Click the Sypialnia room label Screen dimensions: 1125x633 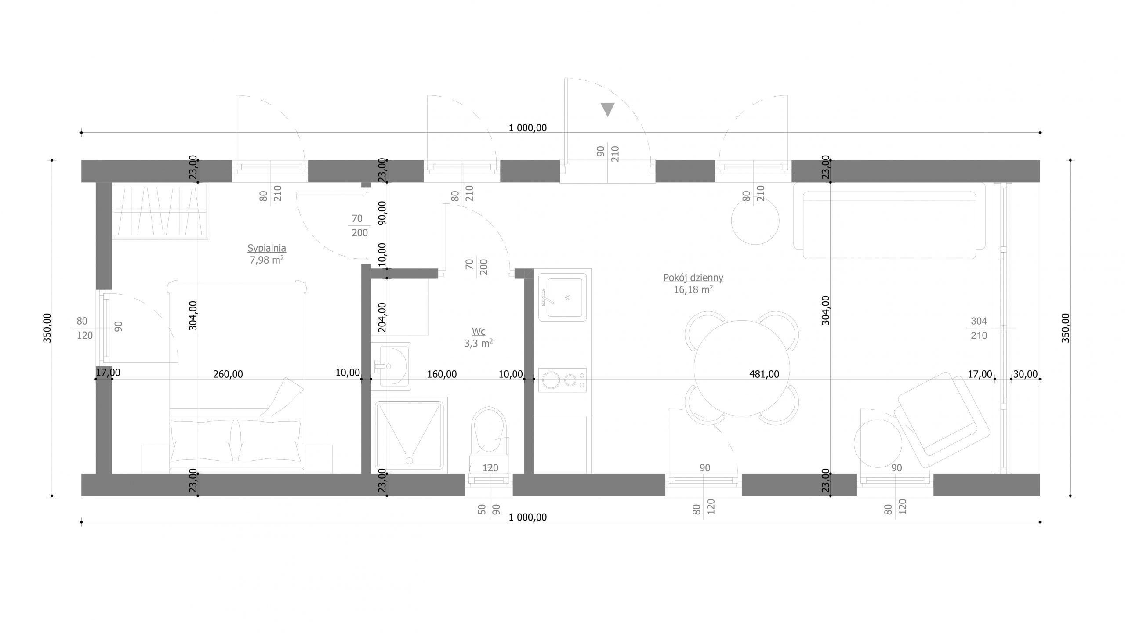pos(267,249)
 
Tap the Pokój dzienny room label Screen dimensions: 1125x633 pos(693,278)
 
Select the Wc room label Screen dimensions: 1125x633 pos(479,332)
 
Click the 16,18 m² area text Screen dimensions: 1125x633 pos(693,289)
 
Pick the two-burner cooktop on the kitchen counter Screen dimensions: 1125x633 pos(563,380)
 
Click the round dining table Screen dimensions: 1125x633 pos(742,368)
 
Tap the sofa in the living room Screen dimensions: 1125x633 pos(890,221)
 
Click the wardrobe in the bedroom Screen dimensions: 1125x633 pos(160,211)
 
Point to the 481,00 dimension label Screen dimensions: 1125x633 pos(764,374)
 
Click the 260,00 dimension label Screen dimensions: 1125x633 pos(228,374)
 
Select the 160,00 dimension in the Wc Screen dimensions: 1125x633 pos(442,374)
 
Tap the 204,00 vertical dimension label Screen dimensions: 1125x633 pos(382,317)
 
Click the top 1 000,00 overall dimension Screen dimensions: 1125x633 pos(527,128)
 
